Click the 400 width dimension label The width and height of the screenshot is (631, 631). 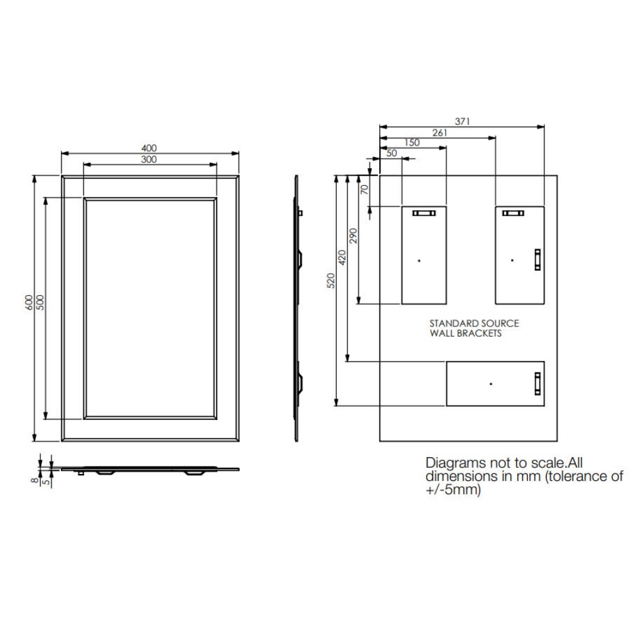tap(149, 148)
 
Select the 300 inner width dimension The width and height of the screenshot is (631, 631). tap(149, 159)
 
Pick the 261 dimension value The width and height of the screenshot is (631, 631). tap(438, 132)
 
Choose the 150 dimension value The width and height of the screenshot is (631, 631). tap(412, 143)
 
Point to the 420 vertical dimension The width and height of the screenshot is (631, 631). tap(342, 257)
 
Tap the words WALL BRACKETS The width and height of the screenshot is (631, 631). tap(465, 333)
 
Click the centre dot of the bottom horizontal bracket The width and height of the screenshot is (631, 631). tap(491, 384)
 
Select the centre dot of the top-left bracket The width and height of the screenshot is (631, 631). tap(419, 260)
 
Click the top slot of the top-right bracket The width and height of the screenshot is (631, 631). tap(514, 213)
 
